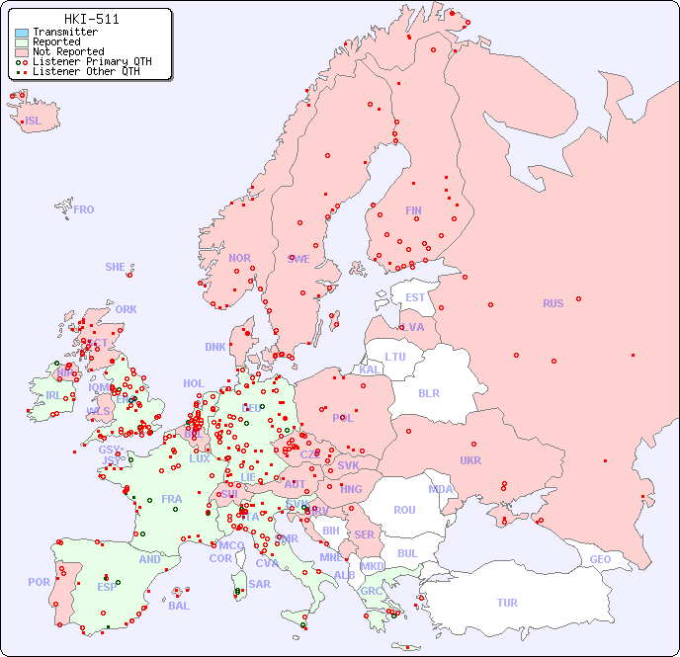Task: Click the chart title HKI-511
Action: pos(91,19)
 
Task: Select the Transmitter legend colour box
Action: pos(22,32)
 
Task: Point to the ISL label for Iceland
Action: pos(33,122)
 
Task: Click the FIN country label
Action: pos(413,210)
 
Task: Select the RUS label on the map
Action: pos(552,303)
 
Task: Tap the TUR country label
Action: pos(507,603)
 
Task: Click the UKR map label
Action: pos(470,460)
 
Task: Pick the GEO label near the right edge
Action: pos(600,559)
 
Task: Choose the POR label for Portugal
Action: pos(39,582)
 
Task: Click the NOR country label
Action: pos(239,258)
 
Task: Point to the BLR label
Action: pos(429,392)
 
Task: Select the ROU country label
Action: pos(404,510)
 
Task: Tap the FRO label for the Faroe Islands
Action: pos(84,209)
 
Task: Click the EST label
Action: pos(415,297)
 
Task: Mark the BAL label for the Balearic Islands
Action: pos(179,606)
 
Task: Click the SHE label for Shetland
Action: pos(116,267)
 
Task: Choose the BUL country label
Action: pos(407,553)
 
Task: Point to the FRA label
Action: pos(172,499)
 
